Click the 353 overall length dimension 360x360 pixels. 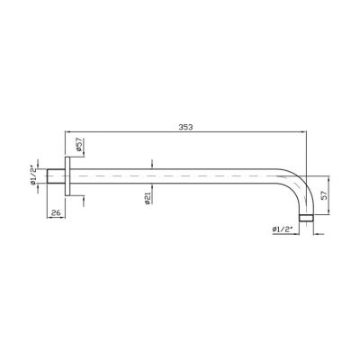click(186, 127)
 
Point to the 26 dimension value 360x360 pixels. click(56, 212)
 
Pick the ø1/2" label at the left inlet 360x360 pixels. click(33, 175)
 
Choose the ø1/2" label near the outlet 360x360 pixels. click(283, 229)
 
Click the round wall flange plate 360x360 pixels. click(67, 176)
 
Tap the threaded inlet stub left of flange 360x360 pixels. click(57, 176)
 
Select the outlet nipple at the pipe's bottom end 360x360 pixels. click(306, 218)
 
